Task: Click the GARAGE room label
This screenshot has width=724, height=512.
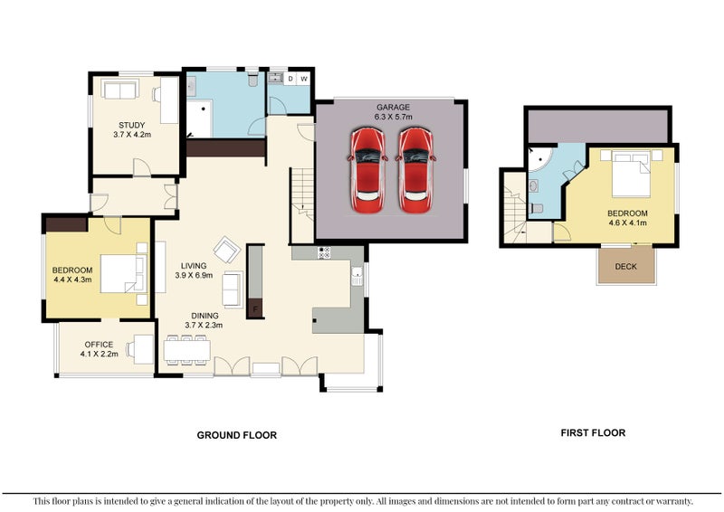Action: pyautogui.click(x=393, y=107)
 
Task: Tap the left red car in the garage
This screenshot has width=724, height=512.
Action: pyautogui.click(x=367, y=170)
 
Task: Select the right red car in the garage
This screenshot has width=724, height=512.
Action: pyautogui.click(x=415, y=170)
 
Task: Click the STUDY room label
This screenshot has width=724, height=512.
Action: pyautogui.click(x=131, y=125)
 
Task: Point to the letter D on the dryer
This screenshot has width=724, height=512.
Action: pyautogui.click(x=291, y=79)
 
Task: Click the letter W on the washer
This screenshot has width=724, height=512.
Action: pyautogui.click(x=304, y=79)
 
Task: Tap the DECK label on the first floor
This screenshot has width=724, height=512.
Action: pyautogui.click(x=625, y=266)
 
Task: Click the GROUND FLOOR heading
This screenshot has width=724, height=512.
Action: pyautogui.click(x=237, y=435)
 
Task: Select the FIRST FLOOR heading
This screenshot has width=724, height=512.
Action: pyautogui.click(x=593, y=432)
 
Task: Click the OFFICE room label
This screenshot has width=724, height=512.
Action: pyautogui.click(x=99, y=345)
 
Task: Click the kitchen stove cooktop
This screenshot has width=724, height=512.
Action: pyautogui.click(x=324, y=252)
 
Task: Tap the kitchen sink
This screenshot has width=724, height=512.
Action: pyautogui.click(x=357, y=276)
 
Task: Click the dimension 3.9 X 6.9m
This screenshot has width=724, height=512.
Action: pyautogui.click(x=194, y=275)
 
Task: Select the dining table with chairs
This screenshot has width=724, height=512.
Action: pyautogui.click(x=187, y=350)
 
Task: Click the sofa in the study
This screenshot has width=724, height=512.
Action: pyautogui.click(x=120, y=90)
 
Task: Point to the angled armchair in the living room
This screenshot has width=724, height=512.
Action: pyautogui.click(x=227, y=250)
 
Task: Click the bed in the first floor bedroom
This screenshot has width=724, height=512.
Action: pyautogui.click(x=631, y=175)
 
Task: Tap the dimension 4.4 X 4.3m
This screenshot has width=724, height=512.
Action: pyautogui.click(x=72, y=280)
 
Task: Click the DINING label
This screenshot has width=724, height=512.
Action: pyautogui.click(x=205, y=316)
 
